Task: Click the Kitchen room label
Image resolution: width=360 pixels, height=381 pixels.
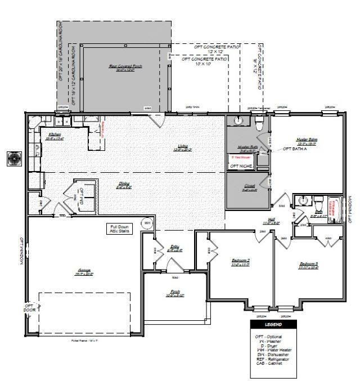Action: click(x=55, y=135)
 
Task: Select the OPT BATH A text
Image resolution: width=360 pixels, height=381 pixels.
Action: click(x=296, y=149)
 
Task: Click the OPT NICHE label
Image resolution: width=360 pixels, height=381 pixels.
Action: click(x=241, y=165)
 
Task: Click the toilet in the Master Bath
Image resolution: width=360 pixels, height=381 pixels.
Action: click(x=259, y=121)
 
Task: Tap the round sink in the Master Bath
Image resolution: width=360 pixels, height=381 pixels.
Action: click(x=238, y=120)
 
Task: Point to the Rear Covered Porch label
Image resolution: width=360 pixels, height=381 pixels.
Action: click(x=125, y=67)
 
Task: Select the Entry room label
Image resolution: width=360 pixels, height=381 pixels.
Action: click(x=175, y=247)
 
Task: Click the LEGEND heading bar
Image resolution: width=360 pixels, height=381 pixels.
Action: click(x=273, y=325)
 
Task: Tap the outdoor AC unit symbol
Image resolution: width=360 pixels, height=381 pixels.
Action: click(x=12, y=159)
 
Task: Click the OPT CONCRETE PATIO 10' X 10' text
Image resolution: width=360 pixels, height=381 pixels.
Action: click(x=205, y=61)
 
